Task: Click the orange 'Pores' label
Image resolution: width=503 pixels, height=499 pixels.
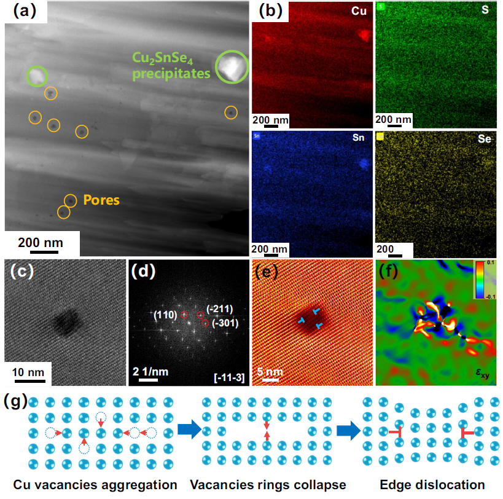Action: click(101, 200)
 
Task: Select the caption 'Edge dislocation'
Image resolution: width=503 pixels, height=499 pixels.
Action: click(432, 484)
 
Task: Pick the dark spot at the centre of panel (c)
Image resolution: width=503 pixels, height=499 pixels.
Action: click(66, 320)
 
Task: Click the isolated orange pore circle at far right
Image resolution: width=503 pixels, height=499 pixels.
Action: click(230, 112)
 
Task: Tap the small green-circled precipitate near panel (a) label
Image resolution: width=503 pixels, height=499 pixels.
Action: click(37, 76)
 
